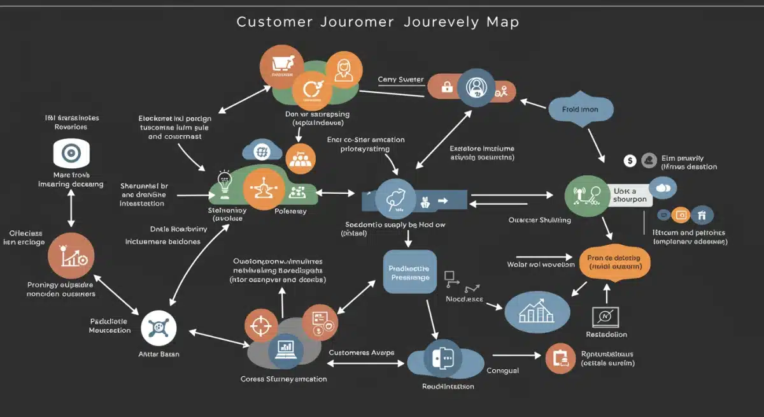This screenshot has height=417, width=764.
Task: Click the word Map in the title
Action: (x=502, y=22)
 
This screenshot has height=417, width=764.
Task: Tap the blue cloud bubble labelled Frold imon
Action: (x=580, y=109)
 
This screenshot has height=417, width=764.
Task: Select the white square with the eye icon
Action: (x=71, y=154)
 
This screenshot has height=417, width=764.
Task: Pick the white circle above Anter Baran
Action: (x=158, y=328)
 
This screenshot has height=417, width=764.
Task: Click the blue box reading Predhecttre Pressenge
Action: (x=409, y=272)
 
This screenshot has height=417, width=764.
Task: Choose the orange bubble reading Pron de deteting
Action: (x=614, y=262)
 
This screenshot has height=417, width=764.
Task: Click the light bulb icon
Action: (x=224, y=182)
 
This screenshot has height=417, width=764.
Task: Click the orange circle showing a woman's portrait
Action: (x=343, y=69)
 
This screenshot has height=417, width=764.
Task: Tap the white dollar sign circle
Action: (x=629, y=161)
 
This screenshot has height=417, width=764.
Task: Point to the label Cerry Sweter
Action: (x=400, y=80)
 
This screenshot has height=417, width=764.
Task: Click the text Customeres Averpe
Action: (x=361, y=353)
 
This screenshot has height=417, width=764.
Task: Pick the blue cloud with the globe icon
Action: (x=261, y=152)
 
